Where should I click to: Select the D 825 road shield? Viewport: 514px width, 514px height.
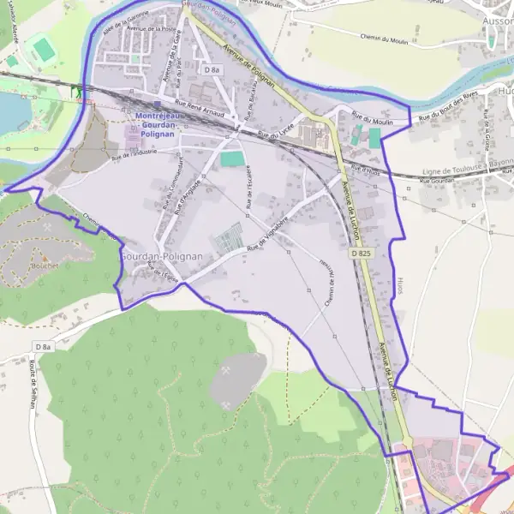[x=361, y=254]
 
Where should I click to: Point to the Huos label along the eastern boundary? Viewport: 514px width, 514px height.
[x=400, y=285]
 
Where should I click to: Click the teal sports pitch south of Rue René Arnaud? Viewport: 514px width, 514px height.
[x=231, y=158]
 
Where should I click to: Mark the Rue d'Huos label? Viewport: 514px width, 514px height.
[x=364, y=170]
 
